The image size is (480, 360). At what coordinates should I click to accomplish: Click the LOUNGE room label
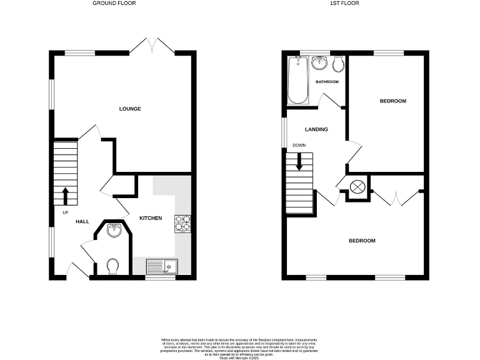pos(130,109)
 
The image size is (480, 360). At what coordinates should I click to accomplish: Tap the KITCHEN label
pos(151,218)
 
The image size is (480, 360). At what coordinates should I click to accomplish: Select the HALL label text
pos(82,222)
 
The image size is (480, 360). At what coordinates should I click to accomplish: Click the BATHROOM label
pos(327,82)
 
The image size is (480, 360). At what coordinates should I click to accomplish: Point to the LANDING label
pos(316,129)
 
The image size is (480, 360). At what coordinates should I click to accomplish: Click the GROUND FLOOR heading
pos(114,3)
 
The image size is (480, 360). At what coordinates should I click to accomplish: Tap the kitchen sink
pos(162,267)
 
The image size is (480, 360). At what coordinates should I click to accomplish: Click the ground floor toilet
pos(113,267)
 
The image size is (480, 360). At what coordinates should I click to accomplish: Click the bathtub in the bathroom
pos(297,81)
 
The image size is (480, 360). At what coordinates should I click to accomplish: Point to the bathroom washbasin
pos(320,62)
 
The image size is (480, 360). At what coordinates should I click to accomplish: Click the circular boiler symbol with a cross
pos(357,186)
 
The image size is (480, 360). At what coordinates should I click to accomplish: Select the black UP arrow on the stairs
pos(65,195)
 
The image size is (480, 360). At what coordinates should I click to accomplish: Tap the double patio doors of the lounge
pos(152,46)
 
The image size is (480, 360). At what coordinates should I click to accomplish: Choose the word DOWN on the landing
pos(299,146)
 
